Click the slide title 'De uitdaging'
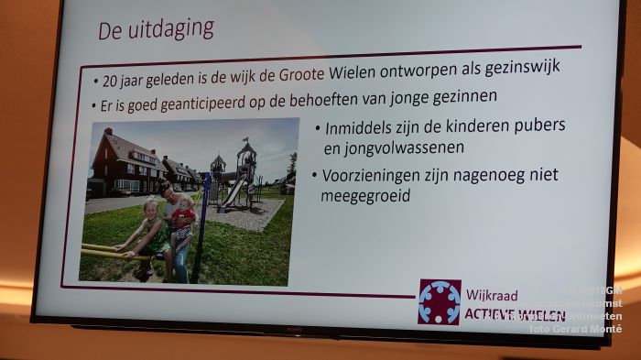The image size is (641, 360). (156, 28)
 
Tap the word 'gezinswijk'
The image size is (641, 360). (541, 66)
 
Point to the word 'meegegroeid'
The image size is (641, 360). (366, 196)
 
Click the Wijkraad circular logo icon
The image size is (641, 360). (439, 301)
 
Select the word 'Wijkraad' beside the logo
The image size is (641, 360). (492, 296)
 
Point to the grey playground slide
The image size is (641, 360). (234, 191)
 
